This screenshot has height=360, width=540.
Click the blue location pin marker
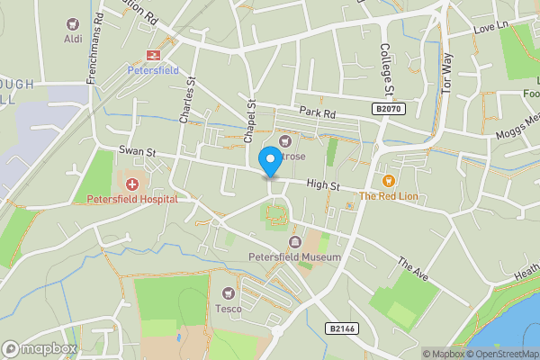click(x=269, y=160)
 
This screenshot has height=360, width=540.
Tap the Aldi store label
click(x=72, y=39)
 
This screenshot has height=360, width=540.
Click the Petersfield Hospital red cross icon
click(x=132, y=184)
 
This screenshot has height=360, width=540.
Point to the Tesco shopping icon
click(x=228, y=293)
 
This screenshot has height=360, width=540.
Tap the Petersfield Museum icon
click(x=294, y=242)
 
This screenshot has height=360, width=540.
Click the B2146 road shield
click(x=342, y=328)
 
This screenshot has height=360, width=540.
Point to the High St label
click(x=321, y=185)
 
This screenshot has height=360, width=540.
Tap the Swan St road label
click(x=138, y=153)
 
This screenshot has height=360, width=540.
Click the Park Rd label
click(x=317, y=113)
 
